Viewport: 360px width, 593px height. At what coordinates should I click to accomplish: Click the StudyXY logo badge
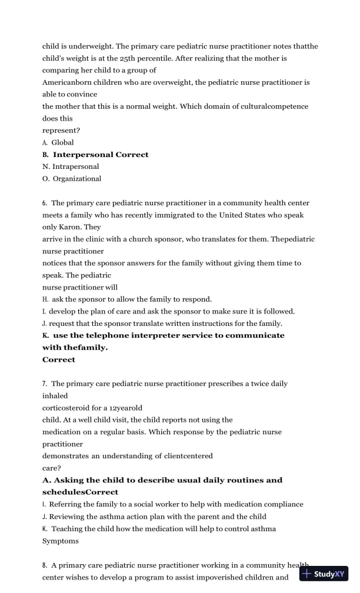tap(324, 574)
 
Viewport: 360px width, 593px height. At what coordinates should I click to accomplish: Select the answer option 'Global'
tap(62, 142)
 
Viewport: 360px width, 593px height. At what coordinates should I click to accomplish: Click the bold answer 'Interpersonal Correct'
tap(101, 155)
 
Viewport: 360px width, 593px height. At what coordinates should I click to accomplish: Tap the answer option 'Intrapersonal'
tap(75, 166)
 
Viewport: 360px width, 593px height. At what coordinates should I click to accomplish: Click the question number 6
tap(45, 203)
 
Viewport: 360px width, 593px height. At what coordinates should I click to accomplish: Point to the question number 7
tap(45, 384)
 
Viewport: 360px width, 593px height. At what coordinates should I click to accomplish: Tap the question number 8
tap(45, 565)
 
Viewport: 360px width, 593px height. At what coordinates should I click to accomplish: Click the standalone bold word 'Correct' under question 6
tap(59, 359)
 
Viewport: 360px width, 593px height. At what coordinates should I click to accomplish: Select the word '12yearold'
tap(120, 408)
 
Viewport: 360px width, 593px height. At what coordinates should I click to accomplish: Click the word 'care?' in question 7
tap(53, 468)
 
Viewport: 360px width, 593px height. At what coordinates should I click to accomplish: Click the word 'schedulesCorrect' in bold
tap(80, 492)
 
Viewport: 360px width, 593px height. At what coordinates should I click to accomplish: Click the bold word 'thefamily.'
tap(75, 348)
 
